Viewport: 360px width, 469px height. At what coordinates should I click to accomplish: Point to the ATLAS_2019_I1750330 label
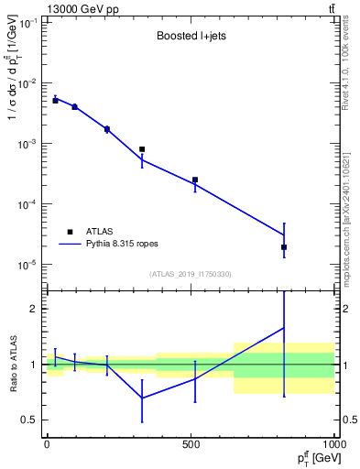coord(189,274)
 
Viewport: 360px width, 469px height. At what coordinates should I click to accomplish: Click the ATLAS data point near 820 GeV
coord(284,247)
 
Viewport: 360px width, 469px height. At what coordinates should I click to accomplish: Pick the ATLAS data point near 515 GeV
coord(195,180)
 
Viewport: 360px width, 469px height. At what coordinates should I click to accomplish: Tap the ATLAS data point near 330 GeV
coord(142,149)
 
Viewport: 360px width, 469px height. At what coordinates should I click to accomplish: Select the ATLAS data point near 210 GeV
coord(107,129)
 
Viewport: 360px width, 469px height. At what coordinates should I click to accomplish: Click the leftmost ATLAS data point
coord(55,100)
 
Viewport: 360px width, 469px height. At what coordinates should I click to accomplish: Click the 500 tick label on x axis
coord(191,444)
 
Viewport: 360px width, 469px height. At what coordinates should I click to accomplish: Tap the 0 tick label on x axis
coord(47,444)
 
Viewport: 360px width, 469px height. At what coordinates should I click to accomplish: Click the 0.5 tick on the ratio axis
coord(30,420)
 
